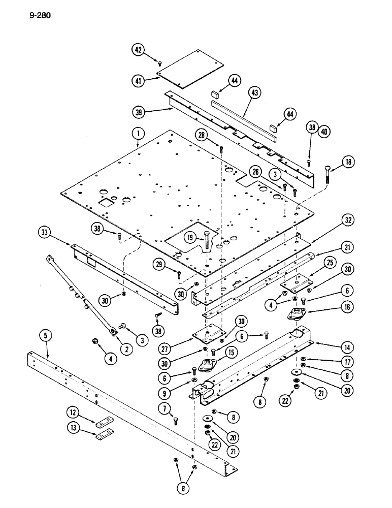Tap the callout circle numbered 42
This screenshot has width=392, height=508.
click(x=138, y=49)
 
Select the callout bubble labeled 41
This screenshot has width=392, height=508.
click(x=138, y=80)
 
